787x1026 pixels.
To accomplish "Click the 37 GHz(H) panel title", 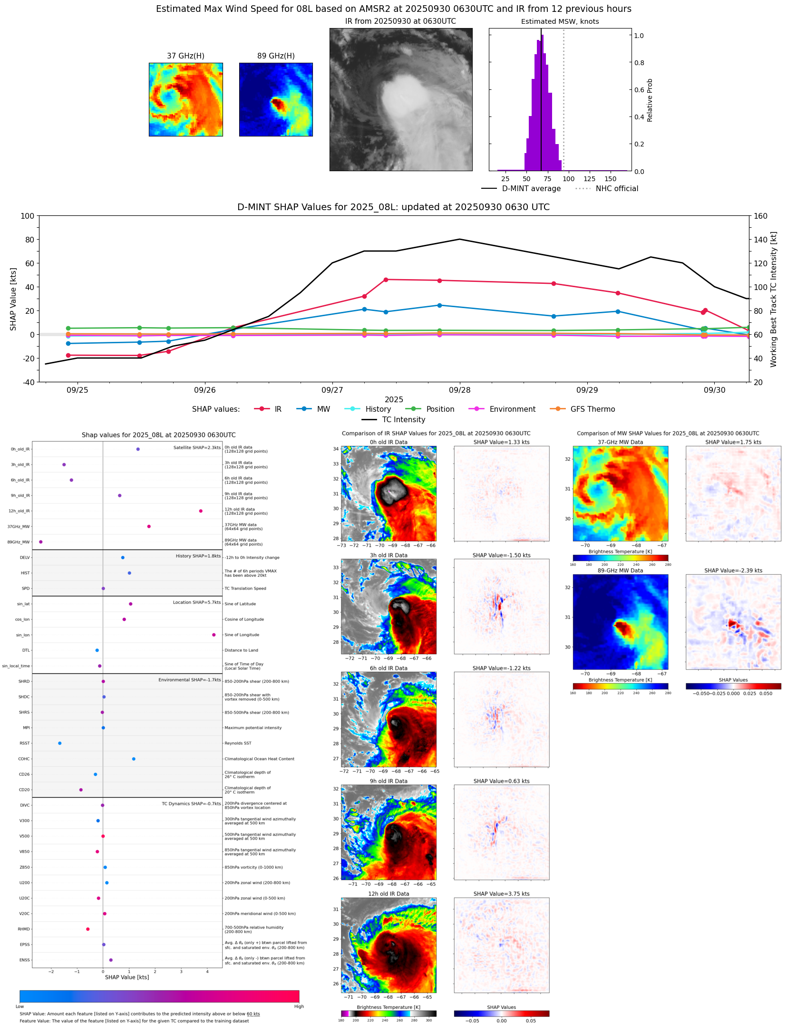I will pyautogui.click(x=185, y=56).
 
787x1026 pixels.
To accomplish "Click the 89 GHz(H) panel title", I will pyautogui.click(x=276, y=56).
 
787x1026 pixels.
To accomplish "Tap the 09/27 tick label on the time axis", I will pyautogui.click(x=332, y=390).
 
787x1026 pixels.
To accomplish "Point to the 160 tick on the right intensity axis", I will pyautogui.click(x=760, y=216).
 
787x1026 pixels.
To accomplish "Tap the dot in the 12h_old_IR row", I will pyautogui.click(x=201, y=511).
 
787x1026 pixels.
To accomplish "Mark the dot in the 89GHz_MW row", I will pyautogui.click(x=41, y=542).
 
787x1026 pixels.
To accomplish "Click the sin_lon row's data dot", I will pyautogui.click(x=214, y=635).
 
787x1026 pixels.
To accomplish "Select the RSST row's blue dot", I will pyautogui.click(x=60, y=743).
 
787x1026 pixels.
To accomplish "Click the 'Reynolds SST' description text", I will pyautogui.click(x=238, y=743).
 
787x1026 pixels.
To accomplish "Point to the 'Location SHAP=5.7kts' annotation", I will pyautogui.click(x=196, y=602).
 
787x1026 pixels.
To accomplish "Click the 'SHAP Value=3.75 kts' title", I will pyautogui.click(x=501, y=894).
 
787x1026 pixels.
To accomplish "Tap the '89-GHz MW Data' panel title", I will pyautogui.click(x=620, y=571).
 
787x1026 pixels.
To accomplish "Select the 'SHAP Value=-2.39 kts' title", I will pyautogui.click(x=733, y=571).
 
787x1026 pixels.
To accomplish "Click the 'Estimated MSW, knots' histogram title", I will pyautogui.click(x=560, y=22).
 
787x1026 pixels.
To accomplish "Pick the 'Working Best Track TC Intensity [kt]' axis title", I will pyautogui.click(x=774, y=299).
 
